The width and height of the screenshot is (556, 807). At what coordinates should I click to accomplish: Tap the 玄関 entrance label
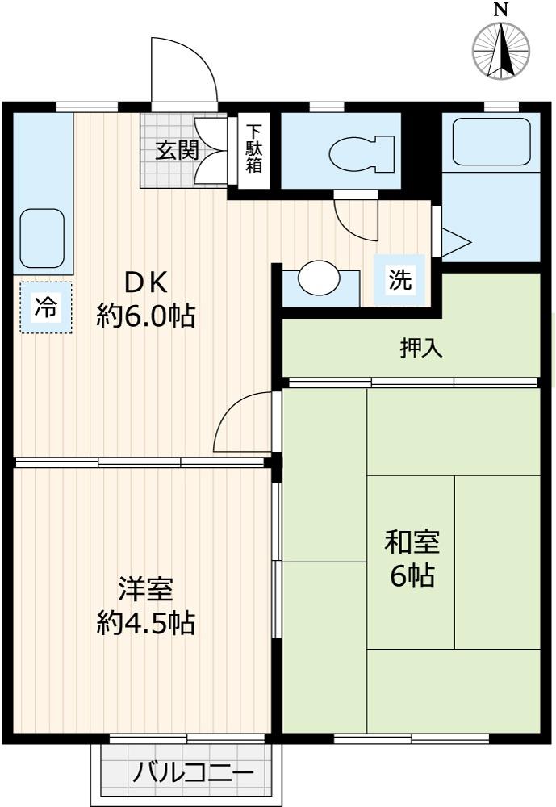tap(177, 151)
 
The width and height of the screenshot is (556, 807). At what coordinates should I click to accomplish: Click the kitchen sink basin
tap(42, 238)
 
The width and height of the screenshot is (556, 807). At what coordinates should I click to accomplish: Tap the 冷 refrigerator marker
tap(45, 307)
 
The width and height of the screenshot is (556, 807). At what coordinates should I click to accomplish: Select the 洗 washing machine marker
tap(400, 280)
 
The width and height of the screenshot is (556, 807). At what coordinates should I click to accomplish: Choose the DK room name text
tap(145, 282)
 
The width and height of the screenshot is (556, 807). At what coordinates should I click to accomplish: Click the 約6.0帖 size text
tap(145, 316)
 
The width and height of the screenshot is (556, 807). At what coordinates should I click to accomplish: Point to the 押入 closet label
tap(421, 349)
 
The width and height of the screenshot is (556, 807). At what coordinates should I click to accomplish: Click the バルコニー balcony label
tap(193, 773)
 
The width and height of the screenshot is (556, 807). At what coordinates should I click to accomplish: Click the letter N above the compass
tap(501, 10)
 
